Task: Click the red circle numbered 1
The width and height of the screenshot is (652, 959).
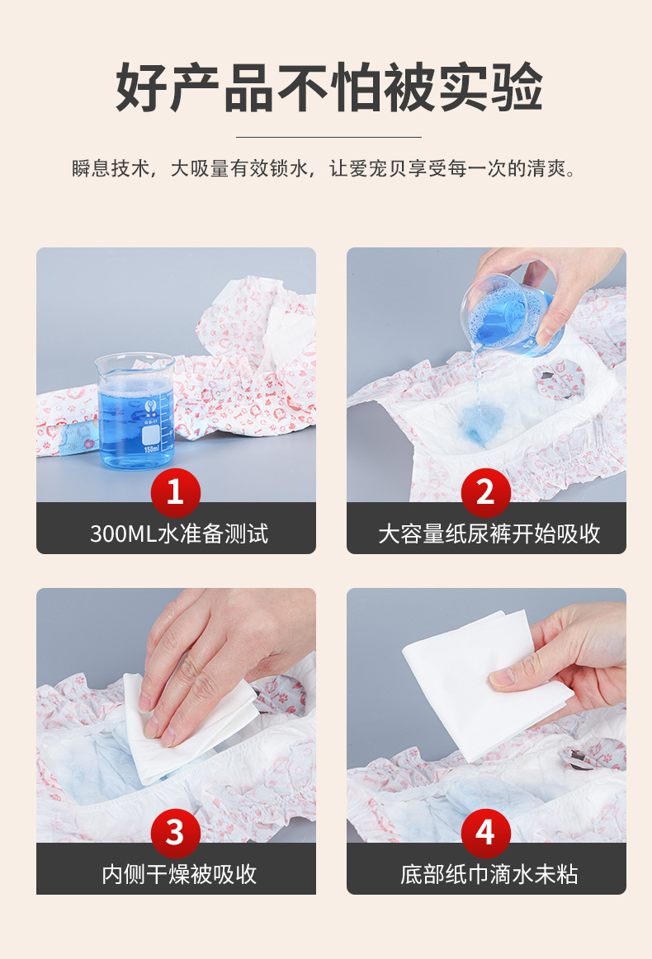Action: pos(176,492)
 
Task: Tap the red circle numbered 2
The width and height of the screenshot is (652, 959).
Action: pos(485,492)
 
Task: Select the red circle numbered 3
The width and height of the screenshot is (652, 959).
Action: pos(176,833)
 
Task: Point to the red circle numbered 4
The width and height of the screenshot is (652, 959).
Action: pos(485,833)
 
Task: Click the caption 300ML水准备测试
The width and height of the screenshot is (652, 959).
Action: pos(179,534)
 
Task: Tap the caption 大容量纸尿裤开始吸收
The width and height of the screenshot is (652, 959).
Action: pos(489,534)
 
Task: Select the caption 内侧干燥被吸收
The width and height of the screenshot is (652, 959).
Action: pos(179,875)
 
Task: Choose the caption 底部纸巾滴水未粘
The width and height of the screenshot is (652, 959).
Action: pos(489,875)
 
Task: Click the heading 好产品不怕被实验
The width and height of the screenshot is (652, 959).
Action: pos(328,87)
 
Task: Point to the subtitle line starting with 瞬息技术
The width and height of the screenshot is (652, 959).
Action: pos(324,168)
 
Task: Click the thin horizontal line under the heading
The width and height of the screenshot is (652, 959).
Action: pos(328,137)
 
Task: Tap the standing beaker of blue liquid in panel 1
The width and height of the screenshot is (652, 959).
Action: pos(135,411)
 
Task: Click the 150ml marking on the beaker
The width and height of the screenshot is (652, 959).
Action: pos(151,449)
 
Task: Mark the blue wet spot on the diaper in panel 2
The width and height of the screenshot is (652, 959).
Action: pos(480,421)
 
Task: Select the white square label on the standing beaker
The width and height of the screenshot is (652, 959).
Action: pos(150,435)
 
